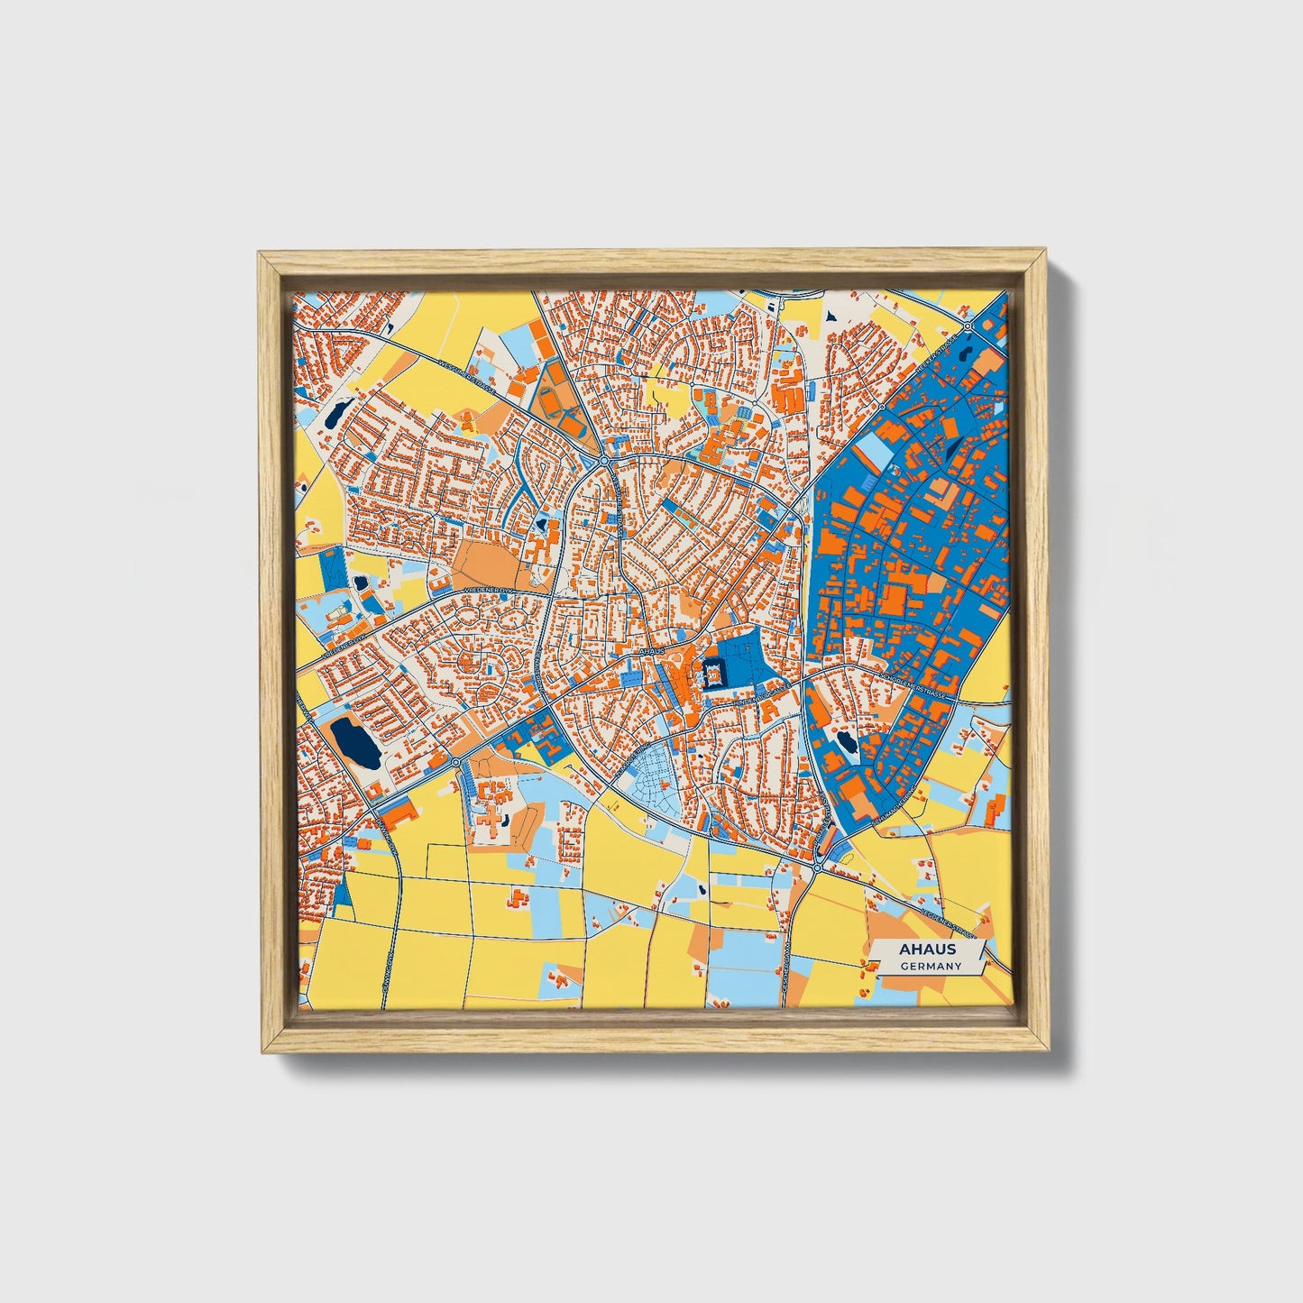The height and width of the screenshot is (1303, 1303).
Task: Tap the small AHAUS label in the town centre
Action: (x=650, y=650)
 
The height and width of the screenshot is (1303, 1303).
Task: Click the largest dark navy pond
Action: (x=355, y=742)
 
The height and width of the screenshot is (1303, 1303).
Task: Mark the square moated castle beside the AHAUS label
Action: (x=711, y=673)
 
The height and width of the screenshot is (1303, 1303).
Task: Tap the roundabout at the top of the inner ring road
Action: (x=603, y=461)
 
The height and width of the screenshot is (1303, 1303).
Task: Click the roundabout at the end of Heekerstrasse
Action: (x=967, y=326)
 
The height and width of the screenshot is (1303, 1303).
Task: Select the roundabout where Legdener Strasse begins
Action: (x=816, y=867)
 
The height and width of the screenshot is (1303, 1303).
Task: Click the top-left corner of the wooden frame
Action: (x=260, y=253)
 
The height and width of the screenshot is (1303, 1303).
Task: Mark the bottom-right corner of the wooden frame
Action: (x=1050, y=1051)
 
